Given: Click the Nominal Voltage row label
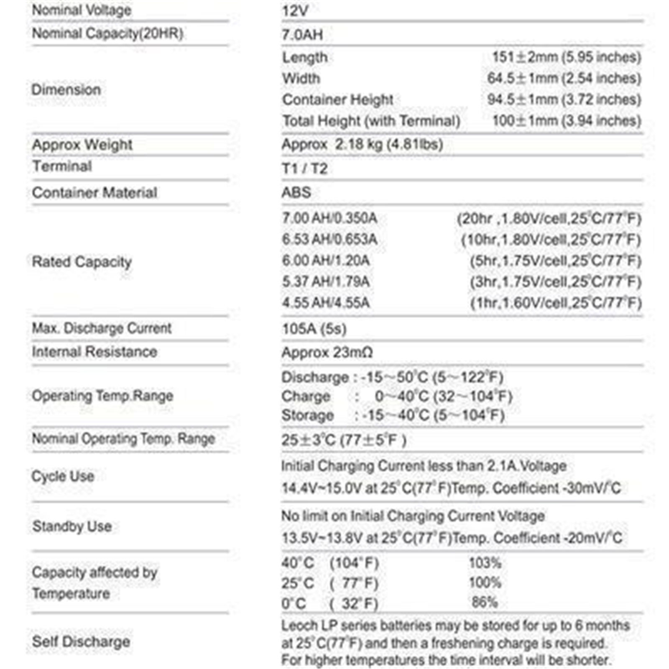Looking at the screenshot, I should coord(82,10).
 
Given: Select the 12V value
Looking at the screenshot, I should coord(295,11).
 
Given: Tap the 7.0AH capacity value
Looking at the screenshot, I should coord(302,34).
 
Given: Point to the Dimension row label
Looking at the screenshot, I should coord(66,89).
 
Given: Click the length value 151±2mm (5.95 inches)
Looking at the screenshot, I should coord(566,57).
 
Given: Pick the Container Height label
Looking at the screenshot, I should coord(337,100).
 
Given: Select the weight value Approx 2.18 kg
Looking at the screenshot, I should coord(362,144).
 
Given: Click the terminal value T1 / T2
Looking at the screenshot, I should coord(304,169).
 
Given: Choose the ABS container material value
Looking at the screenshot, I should coord(296,192).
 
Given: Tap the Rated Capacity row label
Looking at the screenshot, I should coord(82,262).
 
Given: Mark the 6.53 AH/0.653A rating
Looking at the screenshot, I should coord(329,239).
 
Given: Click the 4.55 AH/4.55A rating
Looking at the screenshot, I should coord(326,302).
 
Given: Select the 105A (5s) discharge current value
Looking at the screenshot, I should coord(314,329).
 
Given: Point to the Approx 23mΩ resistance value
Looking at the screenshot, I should coord(327,352).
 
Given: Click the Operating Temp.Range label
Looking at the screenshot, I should coord(102,396).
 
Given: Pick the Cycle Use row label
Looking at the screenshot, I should coord(63,476).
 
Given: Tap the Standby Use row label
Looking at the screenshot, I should coord(72,526).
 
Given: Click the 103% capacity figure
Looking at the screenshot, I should coord(485,563).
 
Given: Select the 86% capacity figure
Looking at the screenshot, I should coord(485,602).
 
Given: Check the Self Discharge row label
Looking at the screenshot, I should coord(81,641).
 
